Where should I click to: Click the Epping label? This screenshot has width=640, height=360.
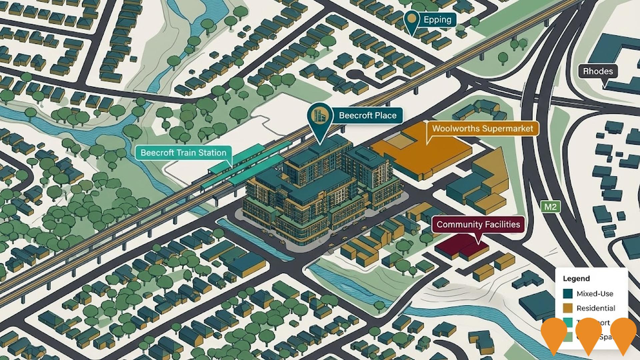437,20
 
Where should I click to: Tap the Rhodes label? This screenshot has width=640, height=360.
598,71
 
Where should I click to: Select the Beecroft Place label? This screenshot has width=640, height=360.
368,115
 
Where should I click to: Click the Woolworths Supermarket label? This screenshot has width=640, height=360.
482,128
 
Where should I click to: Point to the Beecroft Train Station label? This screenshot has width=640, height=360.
183,153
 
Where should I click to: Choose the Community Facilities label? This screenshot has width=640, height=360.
478,224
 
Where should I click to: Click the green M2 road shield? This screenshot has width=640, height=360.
550,207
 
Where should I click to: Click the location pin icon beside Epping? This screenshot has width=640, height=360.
412,19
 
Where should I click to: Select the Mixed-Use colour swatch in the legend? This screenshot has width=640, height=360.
568,294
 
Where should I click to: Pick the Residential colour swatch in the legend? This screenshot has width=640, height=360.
568,308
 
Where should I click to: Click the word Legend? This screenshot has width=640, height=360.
576,278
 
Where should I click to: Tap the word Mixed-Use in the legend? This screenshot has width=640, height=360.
595,294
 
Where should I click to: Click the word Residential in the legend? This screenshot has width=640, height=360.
596,308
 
